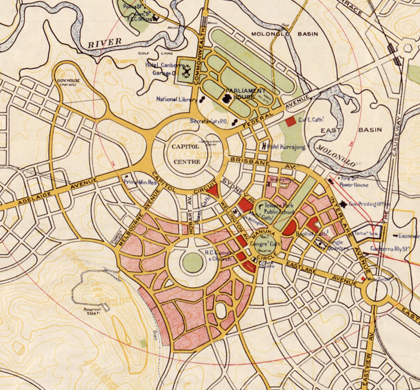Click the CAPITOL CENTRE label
(x=186, y=154)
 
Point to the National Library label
(x=176, y=99)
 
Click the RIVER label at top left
(x=104, y=42)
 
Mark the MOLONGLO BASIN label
(x=284, y=34)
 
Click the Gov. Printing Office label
(x=369, y=204)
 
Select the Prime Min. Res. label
(x=140, y=182)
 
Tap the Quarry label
(x=124, y=61)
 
